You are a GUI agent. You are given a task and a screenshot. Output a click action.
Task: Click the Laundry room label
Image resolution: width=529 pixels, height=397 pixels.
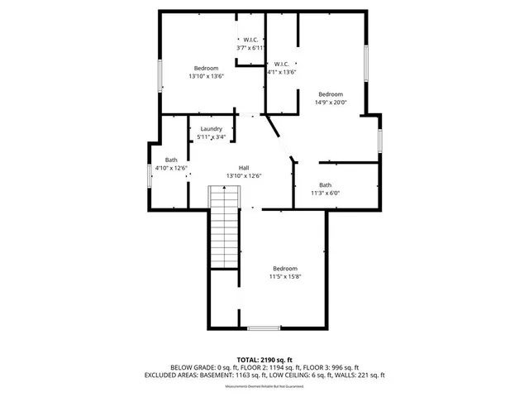(x=211, y=129)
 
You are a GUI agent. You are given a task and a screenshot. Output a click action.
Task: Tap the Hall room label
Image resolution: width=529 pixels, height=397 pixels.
(x=244, y=166)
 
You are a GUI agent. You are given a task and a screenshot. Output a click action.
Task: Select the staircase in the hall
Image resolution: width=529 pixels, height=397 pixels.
(x=223, y=227)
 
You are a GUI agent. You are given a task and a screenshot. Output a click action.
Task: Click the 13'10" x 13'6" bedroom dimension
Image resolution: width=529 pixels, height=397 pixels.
(x=206, y=76)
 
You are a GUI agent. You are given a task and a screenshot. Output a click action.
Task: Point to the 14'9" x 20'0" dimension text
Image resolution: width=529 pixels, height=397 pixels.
(x=331, y=103)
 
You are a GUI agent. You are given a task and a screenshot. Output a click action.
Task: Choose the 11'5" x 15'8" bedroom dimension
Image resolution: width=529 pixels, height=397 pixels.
(x=285, y=277)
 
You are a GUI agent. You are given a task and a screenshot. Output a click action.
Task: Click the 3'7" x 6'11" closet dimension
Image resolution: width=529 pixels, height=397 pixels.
(x=250, y=49)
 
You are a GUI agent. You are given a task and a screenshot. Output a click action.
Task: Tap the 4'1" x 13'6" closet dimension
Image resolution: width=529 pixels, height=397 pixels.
(x=282, y=72)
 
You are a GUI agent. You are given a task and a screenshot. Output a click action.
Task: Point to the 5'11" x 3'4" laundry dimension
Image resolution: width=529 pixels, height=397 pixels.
(x=211, y=137)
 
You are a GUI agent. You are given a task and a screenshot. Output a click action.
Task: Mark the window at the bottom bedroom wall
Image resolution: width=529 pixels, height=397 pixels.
(x=264, y=328)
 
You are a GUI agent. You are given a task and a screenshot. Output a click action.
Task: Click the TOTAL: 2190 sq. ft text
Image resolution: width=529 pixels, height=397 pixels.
(x=265, y=360)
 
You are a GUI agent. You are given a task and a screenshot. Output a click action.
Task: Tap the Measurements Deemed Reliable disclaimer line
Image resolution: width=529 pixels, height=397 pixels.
(x=264, y=384)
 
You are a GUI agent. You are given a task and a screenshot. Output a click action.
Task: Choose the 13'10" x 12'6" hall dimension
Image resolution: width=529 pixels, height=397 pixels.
(x=244, y=175)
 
